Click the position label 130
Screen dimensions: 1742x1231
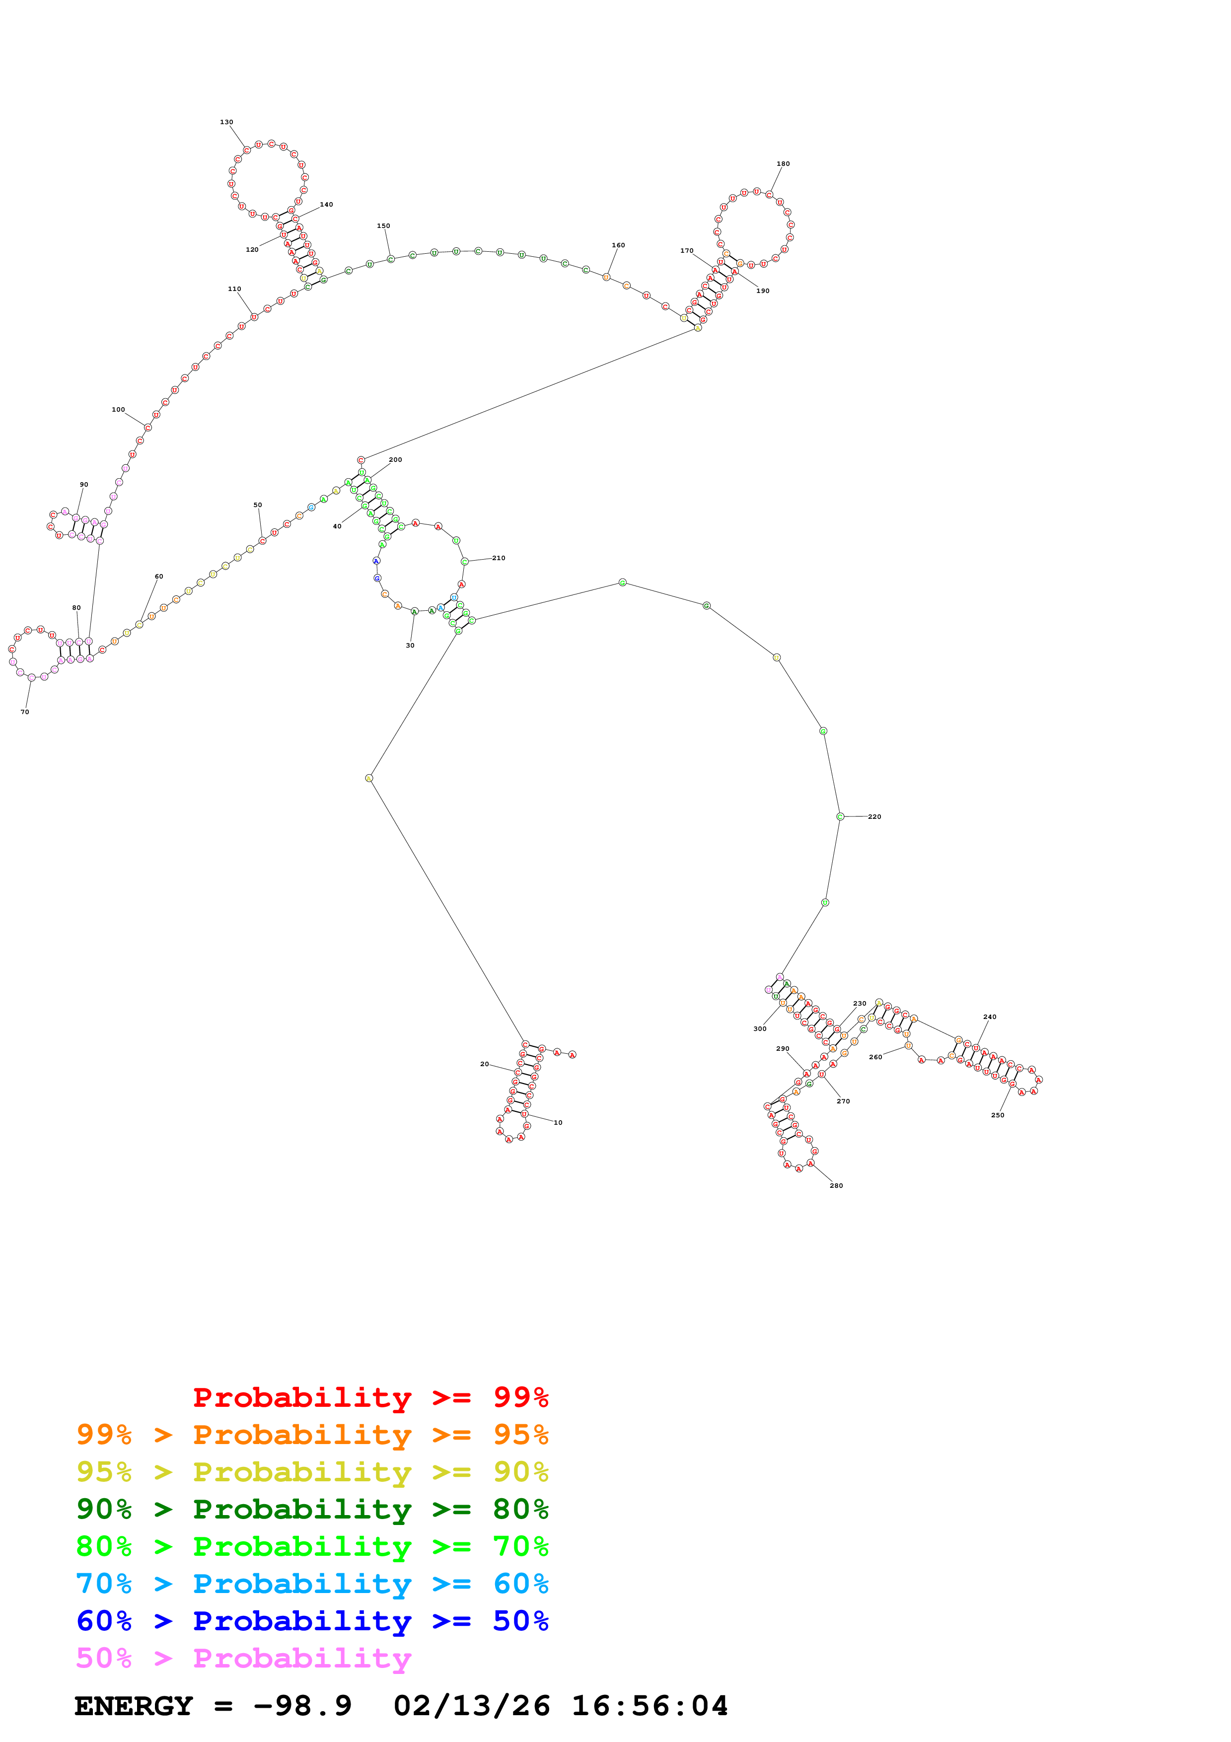226,122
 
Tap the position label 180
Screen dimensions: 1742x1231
783,164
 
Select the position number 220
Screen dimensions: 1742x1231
874,817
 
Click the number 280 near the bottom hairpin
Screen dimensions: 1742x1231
836,1185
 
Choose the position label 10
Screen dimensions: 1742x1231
558,1122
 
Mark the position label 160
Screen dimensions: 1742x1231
618,245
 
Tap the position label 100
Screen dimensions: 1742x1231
118,410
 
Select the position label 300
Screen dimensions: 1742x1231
759,1029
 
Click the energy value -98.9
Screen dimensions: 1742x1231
302,1706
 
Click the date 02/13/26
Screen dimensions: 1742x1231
471,1706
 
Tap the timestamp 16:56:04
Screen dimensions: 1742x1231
649,1706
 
